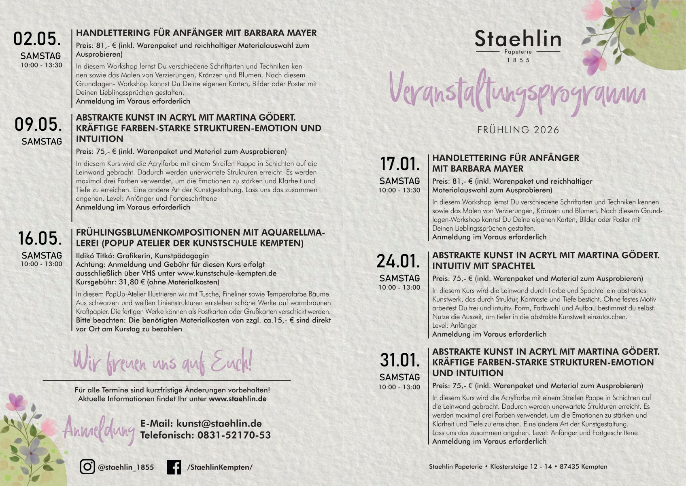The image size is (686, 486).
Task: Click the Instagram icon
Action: click(x=87, y=467)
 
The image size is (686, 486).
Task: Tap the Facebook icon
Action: click(x=174, y=467)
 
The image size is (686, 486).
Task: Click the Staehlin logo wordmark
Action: click(x=518, y=39)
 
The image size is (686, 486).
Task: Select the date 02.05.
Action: click(x=37, y=39)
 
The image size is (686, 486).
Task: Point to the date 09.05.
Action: click(x=38, y=124)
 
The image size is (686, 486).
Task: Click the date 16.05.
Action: click(x=40, y=238)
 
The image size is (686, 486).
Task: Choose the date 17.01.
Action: click(x=400, y=164)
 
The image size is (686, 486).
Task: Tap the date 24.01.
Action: click(x=399, y=261)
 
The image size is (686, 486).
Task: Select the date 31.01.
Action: click(x=400, y=360)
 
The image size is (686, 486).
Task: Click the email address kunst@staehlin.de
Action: click(x=219, y=423)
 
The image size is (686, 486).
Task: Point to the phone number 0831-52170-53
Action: click(x=234, y=435)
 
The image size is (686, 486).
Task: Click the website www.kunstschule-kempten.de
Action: click(x=227, y=273)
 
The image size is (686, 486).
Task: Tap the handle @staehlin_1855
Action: click(x=126, y=467)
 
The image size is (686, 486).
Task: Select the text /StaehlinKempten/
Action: click(x=220, y=467)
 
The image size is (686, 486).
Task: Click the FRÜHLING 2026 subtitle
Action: click(x=518, y=130)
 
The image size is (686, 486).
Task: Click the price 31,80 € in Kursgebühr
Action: click(x=132, y=282)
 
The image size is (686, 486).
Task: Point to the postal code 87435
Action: click(x=569, y=467)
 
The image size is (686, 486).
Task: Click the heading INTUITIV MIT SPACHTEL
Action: click(x=483, y=266)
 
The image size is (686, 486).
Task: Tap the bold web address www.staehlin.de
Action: click(x=238, y=399)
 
